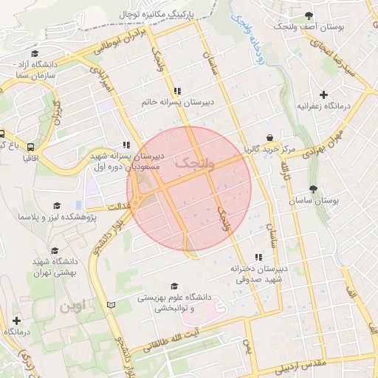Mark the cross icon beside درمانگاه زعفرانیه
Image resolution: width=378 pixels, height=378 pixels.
pos(323,94)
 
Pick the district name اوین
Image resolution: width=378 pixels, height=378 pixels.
pos(74,304)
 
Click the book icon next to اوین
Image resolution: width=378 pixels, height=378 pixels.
pos(111,304)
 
